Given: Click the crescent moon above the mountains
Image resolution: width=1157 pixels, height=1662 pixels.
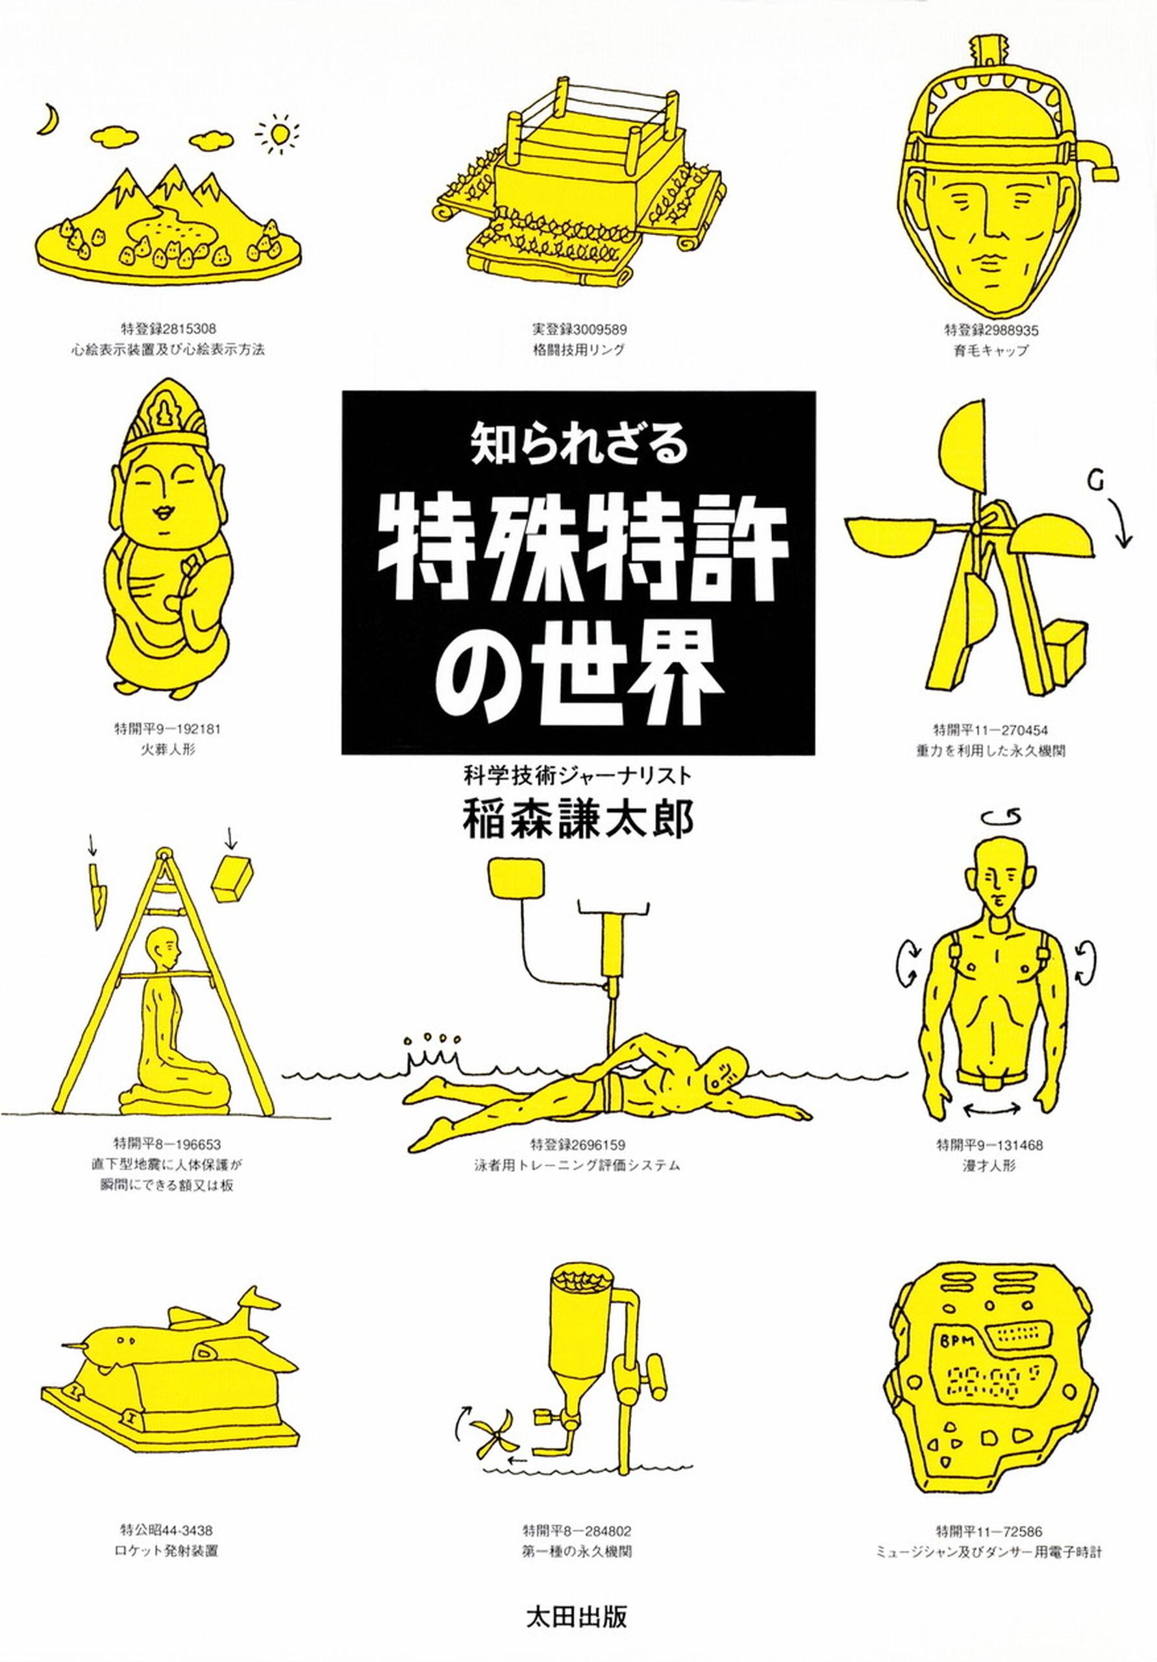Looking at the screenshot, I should (x=48, y=119).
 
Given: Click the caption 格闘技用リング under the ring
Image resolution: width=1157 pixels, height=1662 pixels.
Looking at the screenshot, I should (x=578, y=350).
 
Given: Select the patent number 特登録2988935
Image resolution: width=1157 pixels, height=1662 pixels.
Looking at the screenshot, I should (x=991, y=330).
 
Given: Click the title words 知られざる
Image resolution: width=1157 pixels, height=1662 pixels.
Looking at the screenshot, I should (x=578, y=447).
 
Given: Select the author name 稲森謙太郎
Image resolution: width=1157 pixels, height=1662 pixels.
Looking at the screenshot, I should (x=578, y=821).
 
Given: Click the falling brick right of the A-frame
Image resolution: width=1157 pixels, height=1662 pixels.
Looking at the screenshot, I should (x=232, y=879).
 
